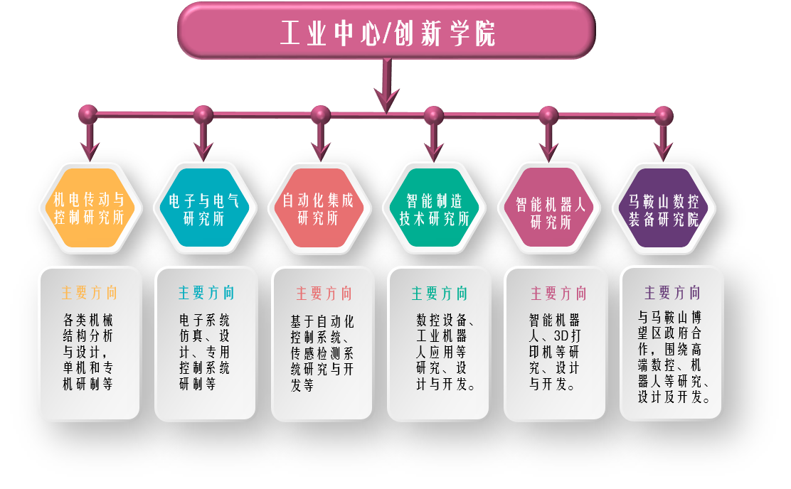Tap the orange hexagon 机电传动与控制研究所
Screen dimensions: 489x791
[90, 208]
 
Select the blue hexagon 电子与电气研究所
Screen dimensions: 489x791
[204, 208]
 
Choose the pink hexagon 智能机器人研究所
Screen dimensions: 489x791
[550, 208]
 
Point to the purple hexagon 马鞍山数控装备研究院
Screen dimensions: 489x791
[664, 208]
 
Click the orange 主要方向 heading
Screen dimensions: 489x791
[90, 293]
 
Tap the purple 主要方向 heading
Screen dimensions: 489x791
[672, 293]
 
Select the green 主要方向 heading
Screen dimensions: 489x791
[440, 293]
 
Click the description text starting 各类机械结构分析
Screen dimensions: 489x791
[89, 352]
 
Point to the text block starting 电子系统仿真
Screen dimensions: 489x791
[205, 352]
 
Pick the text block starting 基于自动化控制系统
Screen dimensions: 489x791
[322, 352]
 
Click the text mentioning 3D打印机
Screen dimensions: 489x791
[555, 352]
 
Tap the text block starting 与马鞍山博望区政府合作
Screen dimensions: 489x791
[672, 355]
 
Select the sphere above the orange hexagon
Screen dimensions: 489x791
[88, 114]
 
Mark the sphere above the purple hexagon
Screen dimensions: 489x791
[663, 115]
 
